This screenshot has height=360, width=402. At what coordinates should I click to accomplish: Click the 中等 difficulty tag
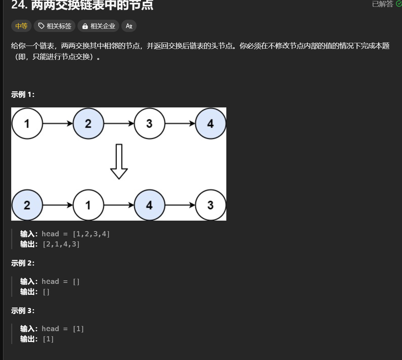21,26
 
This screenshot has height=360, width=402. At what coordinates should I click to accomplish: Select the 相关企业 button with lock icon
98,26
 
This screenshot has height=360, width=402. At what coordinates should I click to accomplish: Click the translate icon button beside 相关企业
129,26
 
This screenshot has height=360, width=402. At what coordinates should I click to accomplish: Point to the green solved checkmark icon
399,4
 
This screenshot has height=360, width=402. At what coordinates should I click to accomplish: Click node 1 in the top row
27,123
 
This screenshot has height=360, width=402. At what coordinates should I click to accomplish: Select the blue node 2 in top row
88,123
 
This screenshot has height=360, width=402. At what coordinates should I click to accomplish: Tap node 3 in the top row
150,123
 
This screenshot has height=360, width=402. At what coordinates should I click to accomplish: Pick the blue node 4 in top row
211,123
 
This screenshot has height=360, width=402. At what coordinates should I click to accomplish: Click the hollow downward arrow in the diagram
119,161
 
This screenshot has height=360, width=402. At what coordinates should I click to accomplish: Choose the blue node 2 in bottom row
27,205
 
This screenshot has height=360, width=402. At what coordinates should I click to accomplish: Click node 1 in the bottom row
88,205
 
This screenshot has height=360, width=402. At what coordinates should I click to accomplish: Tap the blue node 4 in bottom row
150,205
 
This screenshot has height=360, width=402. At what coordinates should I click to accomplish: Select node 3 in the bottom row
211,205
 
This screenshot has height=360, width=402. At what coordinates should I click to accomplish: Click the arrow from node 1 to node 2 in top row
58,123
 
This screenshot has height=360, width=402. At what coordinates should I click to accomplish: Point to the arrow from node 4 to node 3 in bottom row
180,205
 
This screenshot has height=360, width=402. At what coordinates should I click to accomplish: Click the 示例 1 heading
23,95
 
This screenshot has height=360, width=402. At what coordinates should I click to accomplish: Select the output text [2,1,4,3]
61,244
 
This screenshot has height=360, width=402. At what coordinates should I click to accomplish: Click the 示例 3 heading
23,311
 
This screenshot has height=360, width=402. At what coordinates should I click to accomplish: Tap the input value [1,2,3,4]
91,234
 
